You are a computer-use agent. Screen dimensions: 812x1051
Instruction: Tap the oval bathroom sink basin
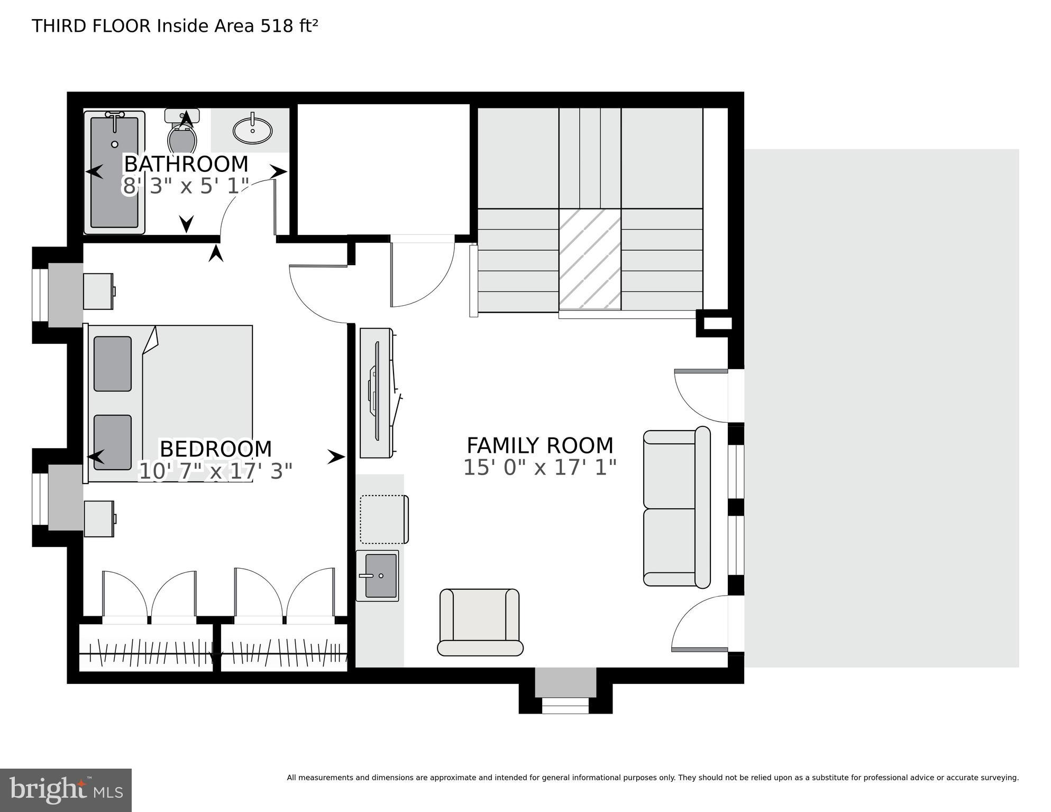pyautogui.click(x=253, y=130)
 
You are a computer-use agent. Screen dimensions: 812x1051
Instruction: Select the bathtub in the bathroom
pyautogui.click(x=114, y=172)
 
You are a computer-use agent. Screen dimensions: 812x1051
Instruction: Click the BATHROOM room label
pyautogui.click(x=186, y=164)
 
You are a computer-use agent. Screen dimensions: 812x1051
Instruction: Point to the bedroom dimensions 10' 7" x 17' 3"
pyautogui.click(x=215, y=471)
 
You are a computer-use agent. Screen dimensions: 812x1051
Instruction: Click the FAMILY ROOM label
pyautogui.click(x=540, y=445)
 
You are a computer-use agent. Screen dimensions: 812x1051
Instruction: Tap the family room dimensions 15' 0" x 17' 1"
pyautogui.click(x=540, y=468)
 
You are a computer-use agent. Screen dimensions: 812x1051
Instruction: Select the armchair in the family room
pyautogui.click(x=480, y=621)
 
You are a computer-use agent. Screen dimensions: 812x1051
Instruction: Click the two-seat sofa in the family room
pyautogui.click(x=676, y=508)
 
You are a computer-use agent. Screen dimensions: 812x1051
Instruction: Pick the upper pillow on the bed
pyautogui.click(x=113, y=364)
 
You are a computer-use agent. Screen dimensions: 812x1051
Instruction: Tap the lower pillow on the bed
pyautogui.click(x=113, y=442)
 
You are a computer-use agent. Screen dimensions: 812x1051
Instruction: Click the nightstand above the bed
pyautogui.click(x=98, y=291)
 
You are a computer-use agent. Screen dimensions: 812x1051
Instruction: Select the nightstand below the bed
pyautogui.click(x=99, y=519)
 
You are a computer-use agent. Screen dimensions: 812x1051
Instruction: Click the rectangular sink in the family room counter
pyautogui.click(x=379, y=576)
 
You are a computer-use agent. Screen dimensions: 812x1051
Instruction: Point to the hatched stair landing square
pyautogui.click(x=590, y=259)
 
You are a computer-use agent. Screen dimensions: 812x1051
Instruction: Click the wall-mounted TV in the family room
pyautogui.click(x=377, y=391)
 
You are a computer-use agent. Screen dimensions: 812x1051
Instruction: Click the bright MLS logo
pyautogui.click(x=66, y=790)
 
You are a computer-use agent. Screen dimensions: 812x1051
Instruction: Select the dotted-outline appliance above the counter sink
pyautogui.click(x=384, y=519)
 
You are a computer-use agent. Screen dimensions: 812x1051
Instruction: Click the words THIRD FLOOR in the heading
pyautogui.click(x=91, y=26)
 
